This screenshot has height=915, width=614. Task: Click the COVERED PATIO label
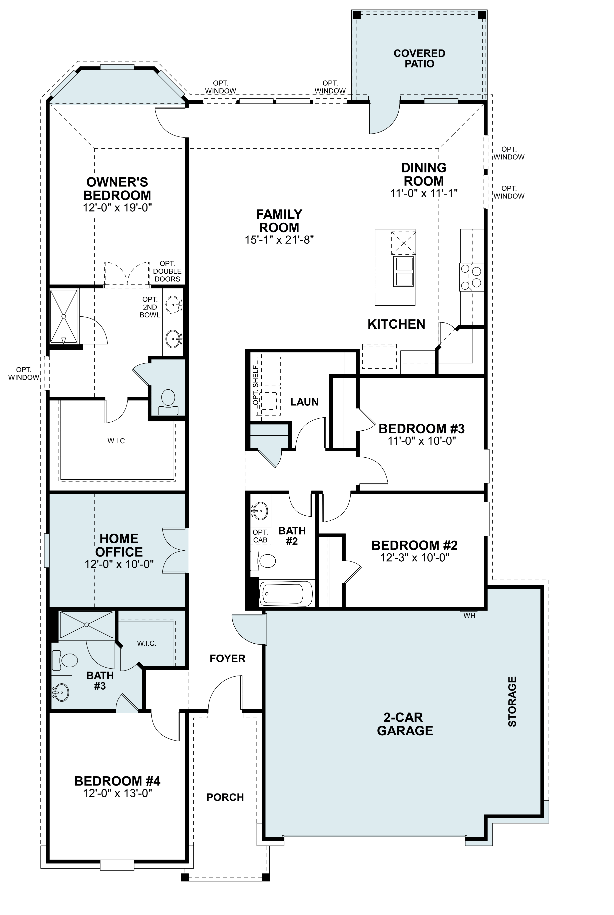[x=419, y=58]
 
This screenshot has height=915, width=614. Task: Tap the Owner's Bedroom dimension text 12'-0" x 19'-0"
[x=117, y=207]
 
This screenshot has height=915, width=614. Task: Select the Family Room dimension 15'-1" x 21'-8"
[x=279, y=240]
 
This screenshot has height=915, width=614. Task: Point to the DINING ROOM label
[x=424, y=174]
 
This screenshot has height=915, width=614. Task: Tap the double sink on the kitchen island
[x=404, y=271]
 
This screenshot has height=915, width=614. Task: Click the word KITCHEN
[x=396, y=324]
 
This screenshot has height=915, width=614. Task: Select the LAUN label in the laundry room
[x=304, y=402]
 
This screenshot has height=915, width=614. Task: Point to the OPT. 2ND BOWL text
[x=150, y=307]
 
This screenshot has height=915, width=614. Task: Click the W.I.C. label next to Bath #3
[x=147, y=643]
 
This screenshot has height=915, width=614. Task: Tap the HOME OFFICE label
[x=119, y=545]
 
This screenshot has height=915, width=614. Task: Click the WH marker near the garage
[x=469, y=616]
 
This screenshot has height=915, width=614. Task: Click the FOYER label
[x=227, y=659]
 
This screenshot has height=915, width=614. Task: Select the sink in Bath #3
[x=61, y=692]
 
